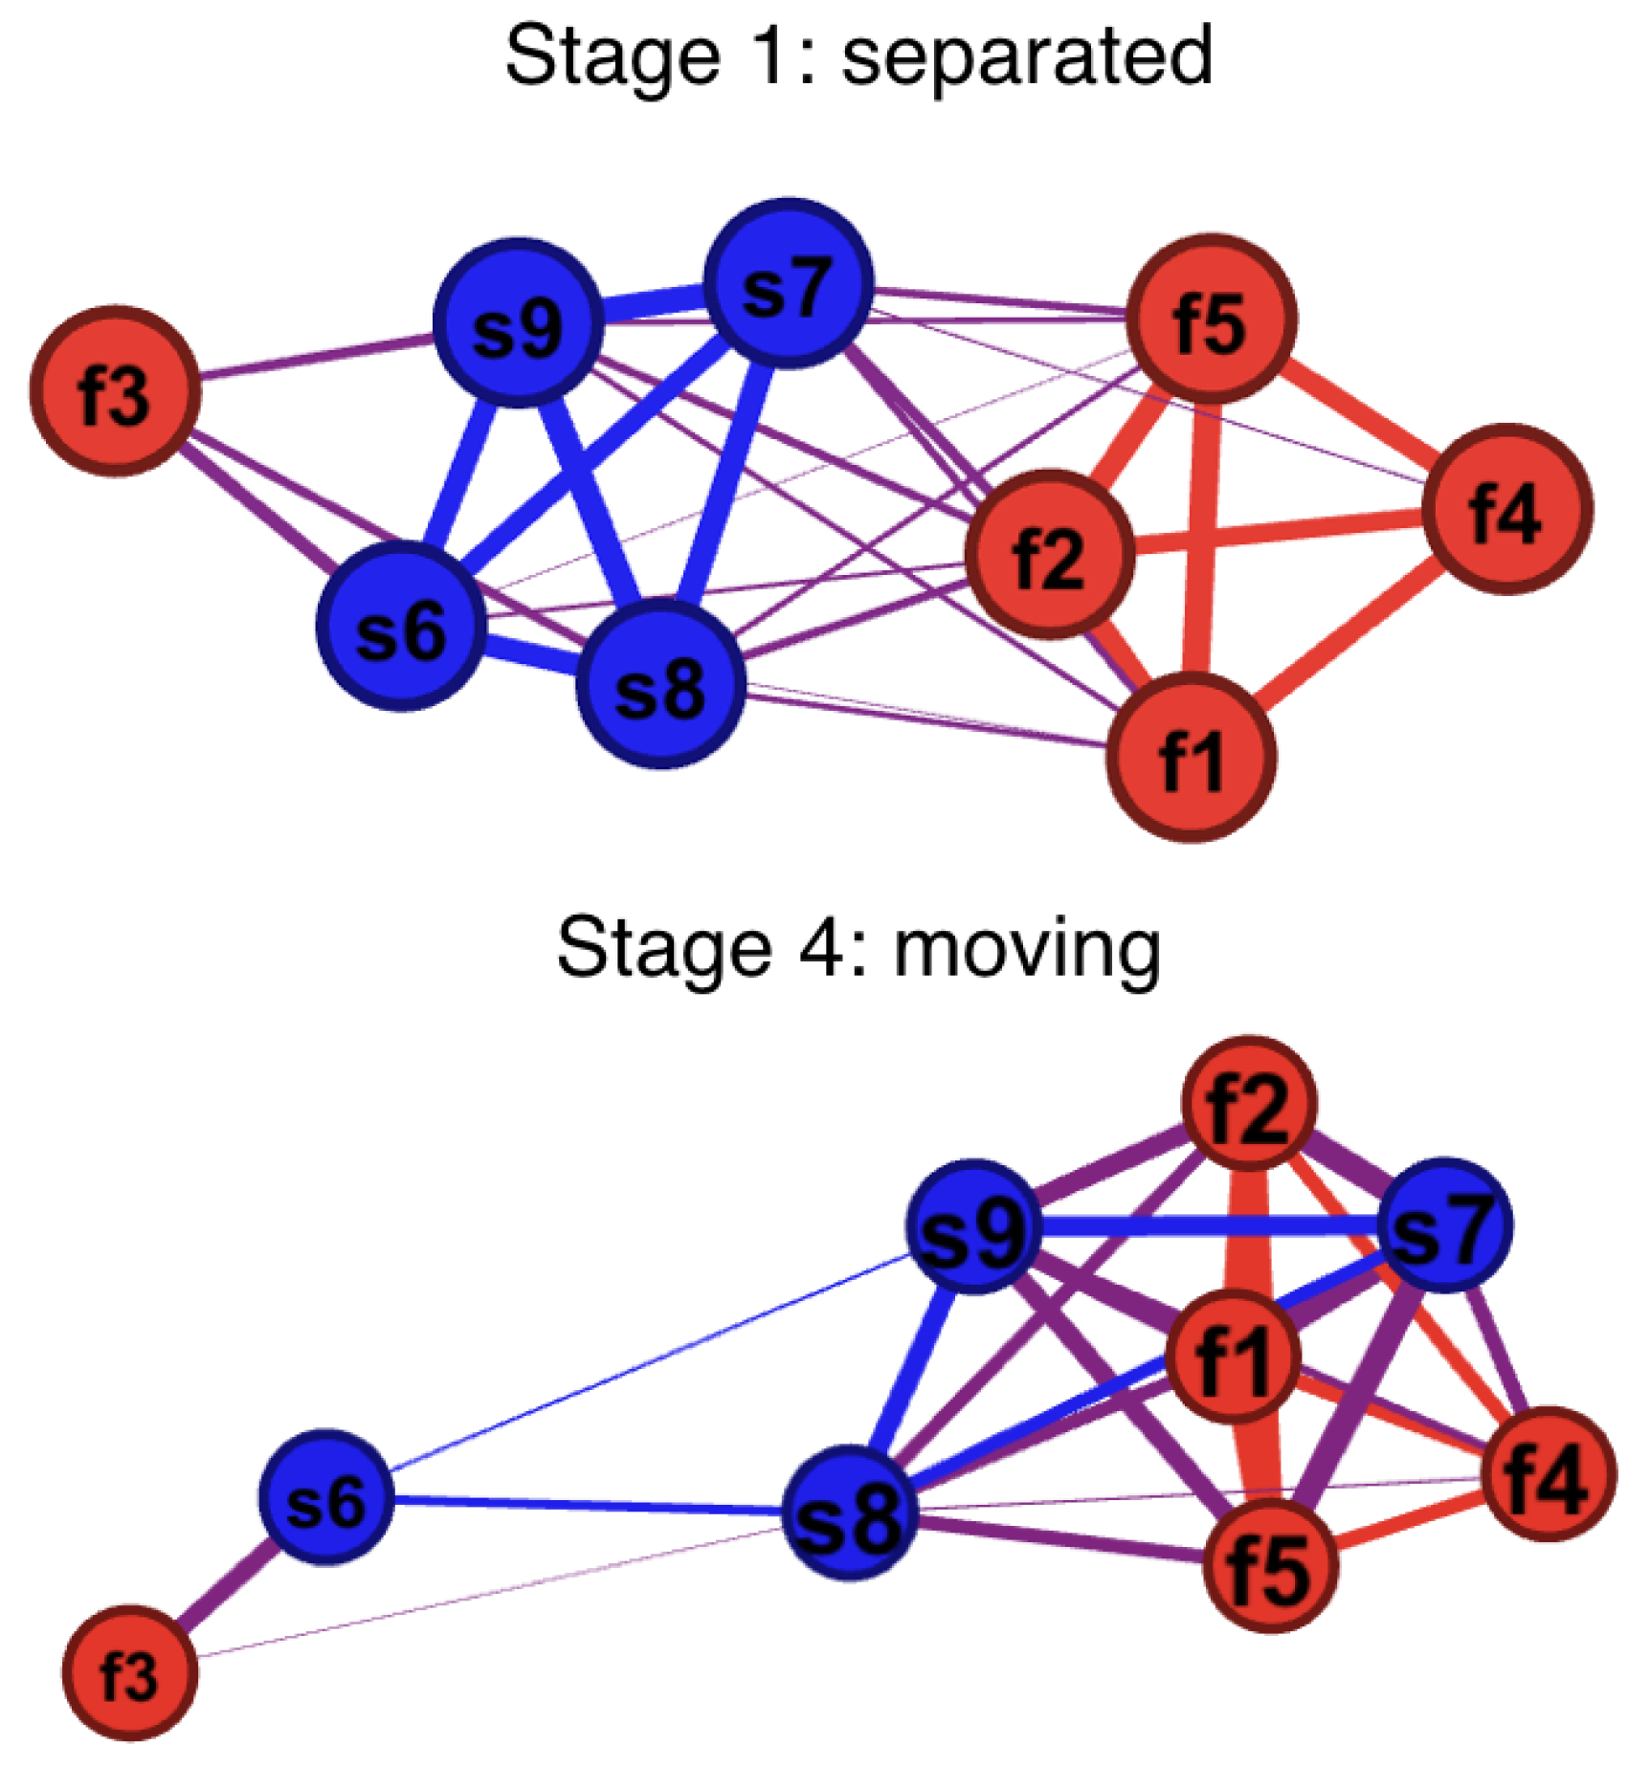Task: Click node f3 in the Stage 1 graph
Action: [x=116, y=391]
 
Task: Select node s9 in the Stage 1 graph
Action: [x=518, y=323]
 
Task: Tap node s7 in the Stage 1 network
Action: [x=788, y=284]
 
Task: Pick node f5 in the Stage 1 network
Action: [x=1212, y=319]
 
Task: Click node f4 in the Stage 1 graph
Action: [x=1506, y=509]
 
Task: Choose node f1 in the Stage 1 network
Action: [x=1191, y=757]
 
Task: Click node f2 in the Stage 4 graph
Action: [x=1249, y=1103]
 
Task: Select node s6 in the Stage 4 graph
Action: [x=326, y=1497]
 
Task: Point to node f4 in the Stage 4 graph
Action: [x=1548, y=1474]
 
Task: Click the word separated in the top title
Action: [x=1026, y=57]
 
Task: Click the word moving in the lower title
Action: [x=1026, y=949]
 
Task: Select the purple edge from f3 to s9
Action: [x=316, y=356]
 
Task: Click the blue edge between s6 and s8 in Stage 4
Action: [x=584, y=1505]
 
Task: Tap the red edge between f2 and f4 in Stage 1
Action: [x=1278, y=533]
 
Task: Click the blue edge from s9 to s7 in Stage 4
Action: [x=1206, y=1225]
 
